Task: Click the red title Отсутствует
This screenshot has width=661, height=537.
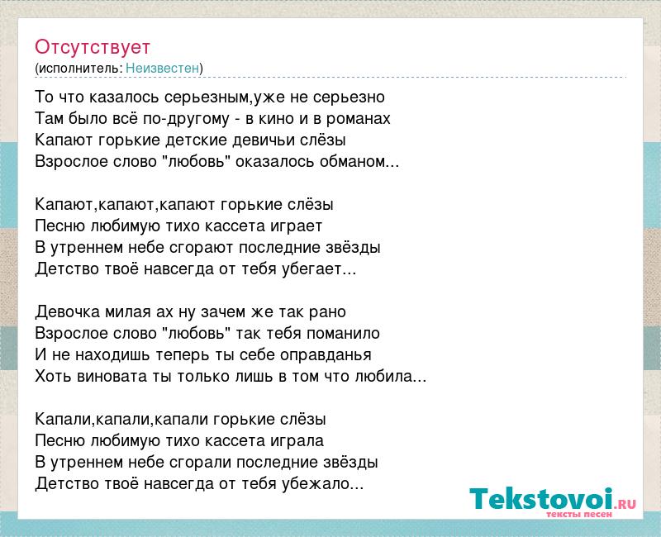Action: click(x=93, y=47)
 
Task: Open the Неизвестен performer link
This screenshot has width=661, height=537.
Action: click(x=162, y=68)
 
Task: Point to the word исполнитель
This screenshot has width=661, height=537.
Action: click(x=80, y=69)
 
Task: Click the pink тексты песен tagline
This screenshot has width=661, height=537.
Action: click(x=579, y=514)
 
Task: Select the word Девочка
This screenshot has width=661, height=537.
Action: click(x=68, y=312)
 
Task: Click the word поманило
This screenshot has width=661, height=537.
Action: click(x=343, y=334)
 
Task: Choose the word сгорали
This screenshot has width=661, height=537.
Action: click(x=201, y=463)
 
